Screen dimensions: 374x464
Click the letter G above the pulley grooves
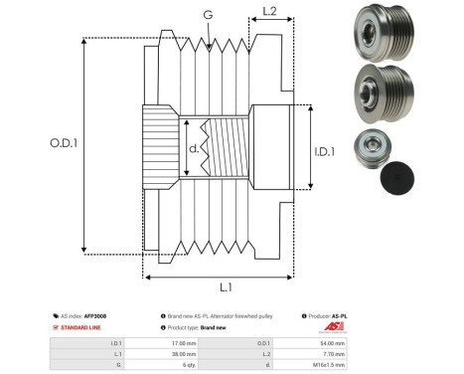pyautogui.click(x=206, y=15)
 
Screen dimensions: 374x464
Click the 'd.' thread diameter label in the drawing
pyautogui.click(x=193, y=150)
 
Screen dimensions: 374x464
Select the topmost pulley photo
pyautogui.click(x=379, y=34)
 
